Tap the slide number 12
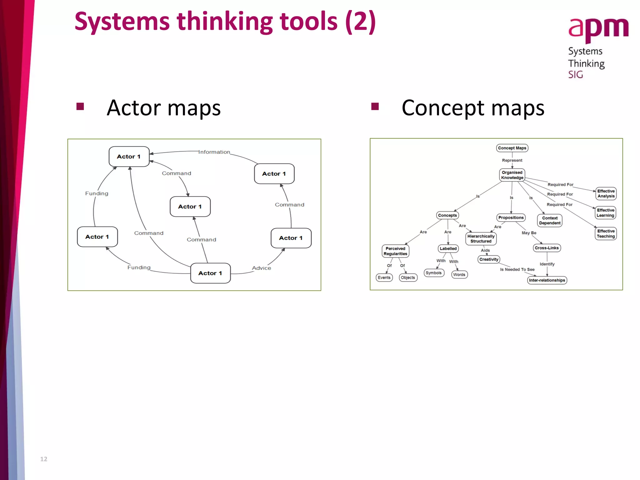[x=43, y=459]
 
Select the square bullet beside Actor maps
[x=80, y=107]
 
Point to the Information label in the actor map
[x=214, y=152]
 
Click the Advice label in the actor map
[x=261, y=268]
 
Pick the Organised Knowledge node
[x=512, y=175]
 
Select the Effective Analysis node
[x=606, y=193]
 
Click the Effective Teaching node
[x=606, y=233]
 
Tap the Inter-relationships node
[x=547, y=280]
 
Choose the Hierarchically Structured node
[x=481, y=239]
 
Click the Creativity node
[x=489, y=259]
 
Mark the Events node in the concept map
[x=384, y=277]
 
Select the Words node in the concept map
[x=459, y=275]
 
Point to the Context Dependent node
[x=550, y=221]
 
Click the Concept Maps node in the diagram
[x=512, y=148]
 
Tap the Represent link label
[x=512, y=160]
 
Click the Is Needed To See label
[x=517, y=269]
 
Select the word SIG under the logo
[x=575, y=75]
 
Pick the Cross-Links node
[x=547, y=248]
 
